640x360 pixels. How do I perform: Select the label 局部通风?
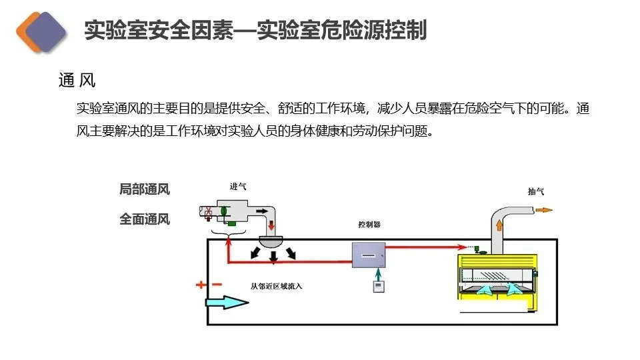click(x=145, y=189)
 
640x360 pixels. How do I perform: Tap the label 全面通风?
click(x=145, y=218)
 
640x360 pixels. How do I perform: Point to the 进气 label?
click(x=237, y=187)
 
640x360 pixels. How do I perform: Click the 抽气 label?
click(x=535, y=191)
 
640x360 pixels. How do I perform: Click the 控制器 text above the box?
click(x=369, y=225)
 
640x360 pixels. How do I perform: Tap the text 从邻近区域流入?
click(x=277, y=287)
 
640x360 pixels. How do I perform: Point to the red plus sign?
click(x=201, y=285)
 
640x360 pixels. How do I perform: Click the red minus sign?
click(x=217, y=285)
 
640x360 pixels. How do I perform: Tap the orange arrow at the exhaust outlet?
click(x=544, y=210)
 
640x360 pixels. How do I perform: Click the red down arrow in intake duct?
click(x=271, y=228)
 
